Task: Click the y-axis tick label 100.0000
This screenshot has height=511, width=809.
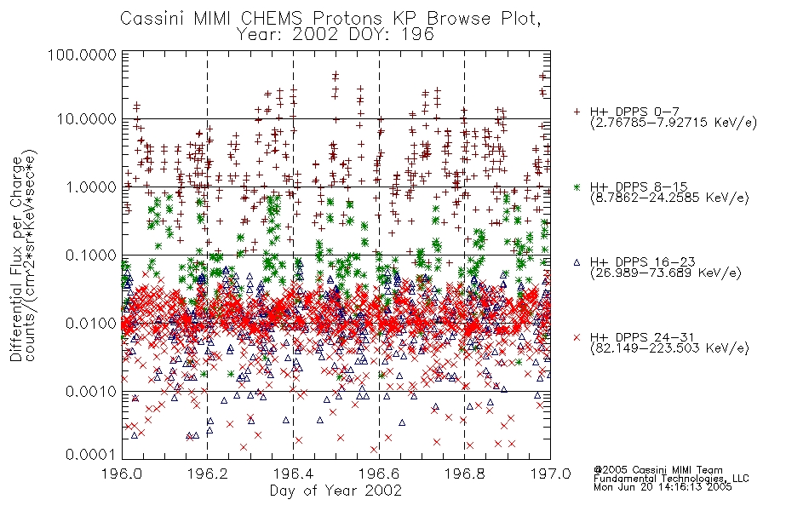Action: (82, 55)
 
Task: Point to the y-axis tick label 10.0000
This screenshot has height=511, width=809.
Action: (86, 119)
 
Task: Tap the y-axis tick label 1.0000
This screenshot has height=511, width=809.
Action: (91, 187)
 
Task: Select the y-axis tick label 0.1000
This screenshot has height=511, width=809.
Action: (91, 255)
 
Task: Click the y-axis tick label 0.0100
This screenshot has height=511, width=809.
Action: (91, 323)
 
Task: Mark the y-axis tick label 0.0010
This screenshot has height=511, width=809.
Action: (91, 391)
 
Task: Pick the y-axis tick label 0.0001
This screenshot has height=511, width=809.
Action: (91, 454)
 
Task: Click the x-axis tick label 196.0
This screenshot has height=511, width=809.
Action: (122, 474)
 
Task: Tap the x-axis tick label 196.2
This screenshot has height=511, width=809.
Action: (208, 474)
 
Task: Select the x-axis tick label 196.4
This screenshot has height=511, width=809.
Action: (293, 474)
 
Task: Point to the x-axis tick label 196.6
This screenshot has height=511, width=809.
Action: (379, 474)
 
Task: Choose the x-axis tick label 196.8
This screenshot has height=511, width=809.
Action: (464, 474)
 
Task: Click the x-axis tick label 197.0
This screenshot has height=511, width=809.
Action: (550, 474)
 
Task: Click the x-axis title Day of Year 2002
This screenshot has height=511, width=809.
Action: (336, 491)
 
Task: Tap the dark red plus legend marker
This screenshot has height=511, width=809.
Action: (577, 112)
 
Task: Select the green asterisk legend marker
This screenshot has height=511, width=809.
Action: (577, 187)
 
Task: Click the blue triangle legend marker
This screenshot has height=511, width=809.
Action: (577, 262)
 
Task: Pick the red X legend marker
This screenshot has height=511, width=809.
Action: (577, 337)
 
